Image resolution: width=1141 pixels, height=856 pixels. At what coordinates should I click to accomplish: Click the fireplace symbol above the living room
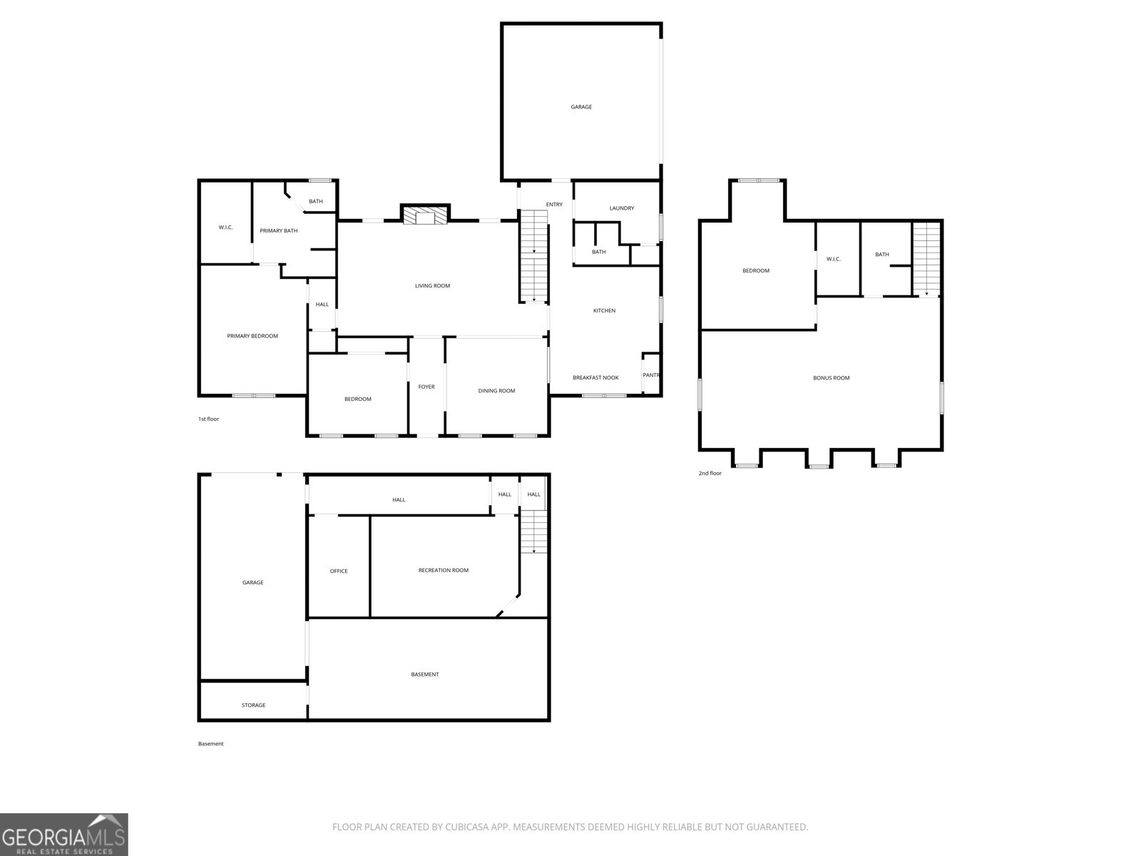[x=425, y=215]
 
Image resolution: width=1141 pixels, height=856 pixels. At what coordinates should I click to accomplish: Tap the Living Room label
[x=432, y=286]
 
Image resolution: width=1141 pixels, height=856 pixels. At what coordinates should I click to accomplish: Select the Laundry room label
[x=622, y=208]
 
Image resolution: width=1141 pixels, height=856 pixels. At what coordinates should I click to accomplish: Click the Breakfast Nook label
[x=595, y=378]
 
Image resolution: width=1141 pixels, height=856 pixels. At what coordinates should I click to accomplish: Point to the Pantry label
[x=651, y=375]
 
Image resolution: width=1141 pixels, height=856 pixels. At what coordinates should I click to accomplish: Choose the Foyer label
[x=426, y=387]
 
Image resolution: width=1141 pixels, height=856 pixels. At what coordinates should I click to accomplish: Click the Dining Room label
[x=496, y=391]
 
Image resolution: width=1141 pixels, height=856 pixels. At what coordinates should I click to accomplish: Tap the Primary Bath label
[x=279, y=230]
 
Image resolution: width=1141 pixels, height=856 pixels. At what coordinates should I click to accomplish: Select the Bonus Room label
[x=832, y=378]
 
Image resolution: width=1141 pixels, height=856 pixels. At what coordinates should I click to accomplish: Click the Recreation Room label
[x=444, y=570]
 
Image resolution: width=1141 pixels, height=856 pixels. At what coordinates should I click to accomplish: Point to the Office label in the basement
[x=339, y=571]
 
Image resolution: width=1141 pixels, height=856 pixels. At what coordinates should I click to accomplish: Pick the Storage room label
[x=254, y=705]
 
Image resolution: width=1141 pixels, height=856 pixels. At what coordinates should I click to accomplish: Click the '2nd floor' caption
[x=710, y=474]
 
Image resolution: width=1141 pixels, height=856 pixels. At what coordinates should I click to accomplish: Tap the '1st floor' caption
[x=208, y=419]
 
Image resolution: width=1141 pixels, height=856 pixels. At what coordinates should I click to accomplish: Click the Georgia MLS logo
[x=64, y=834]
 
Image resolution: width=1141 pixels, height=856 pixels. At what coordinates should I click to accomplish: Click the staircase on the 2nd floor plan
[x=927, y=260]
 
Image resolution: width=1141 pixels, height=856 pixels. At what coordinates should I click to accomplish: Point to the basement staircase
[x=534, y=531]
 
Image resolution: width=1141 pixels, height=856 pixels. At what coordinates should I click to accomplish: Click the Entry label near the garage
[x=554, y=205]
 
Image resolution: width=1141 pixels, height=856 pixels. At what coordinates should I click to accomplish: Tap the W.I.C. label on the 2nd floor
[x=833, y=260]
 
